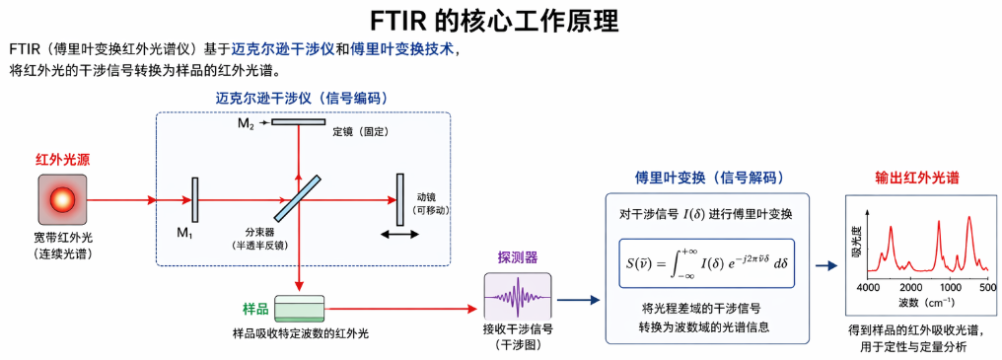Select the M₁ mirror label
point(184,233)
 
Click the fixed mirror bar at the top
point(299,122)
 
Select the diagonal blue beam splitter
point(299,199)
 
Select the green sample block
point(299,308)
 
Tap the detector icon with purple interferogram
point(518,295)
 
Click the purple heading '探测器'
point(517,257)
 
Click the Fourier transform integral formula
point(707,264)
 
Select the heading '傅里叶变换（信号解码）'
point(708,178)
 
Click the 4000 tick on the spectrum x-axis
point(868,285)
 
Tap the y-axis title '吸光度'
point(856,232)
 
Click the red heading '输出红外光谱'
point(919,178)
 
